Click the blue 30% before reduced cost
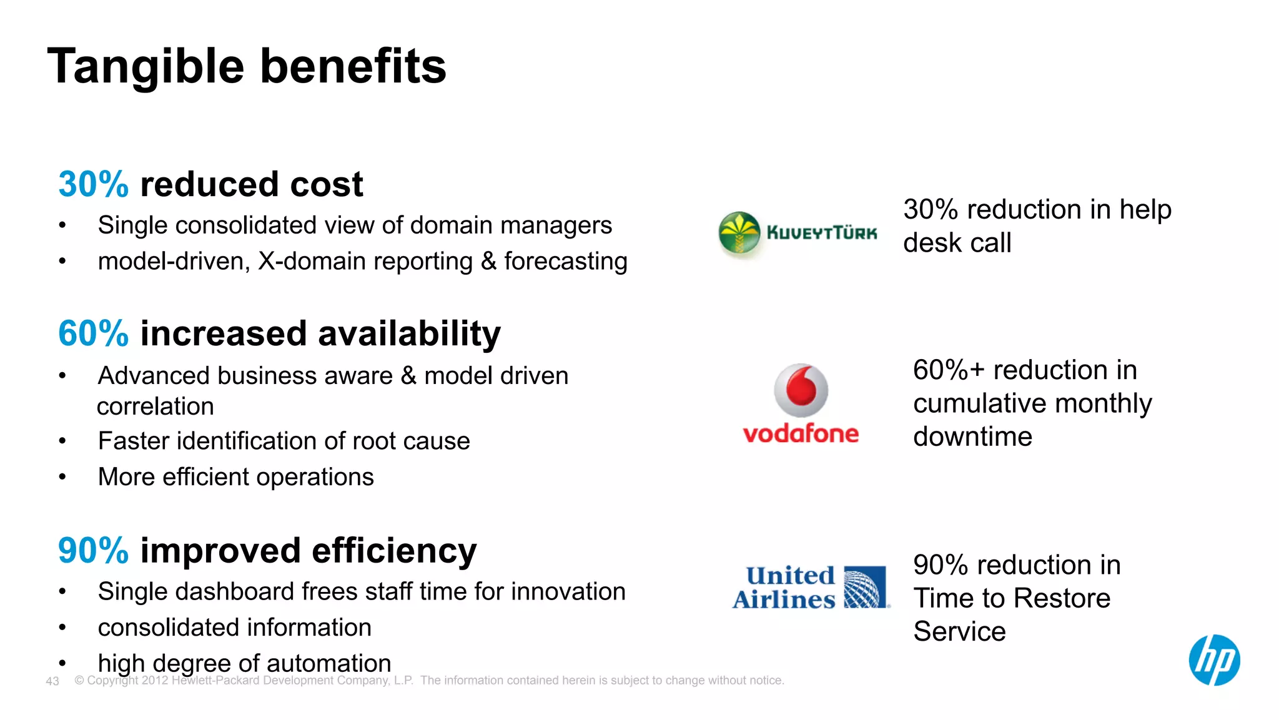click(93, 185)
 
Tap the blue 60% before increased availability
click(93, 333)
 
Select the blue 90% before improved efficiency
click(93, 551)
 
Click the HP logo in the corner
click(1213, 660)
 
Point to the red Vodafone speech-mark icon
click(801, 390)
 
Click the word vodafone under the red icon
click(801, 433)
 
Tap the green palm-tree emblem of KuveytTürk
click(739, 233)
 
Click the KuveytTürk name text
click(822, 233)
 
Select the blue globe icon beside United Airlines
click(865, 587)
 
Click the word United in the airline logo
click(790, 575)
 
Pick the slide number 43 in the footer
click(52, 681)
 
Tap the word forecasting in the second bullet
click(565, 262)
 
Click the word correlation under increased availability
click(156, 407)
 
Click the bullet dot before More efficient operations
click(62, 477)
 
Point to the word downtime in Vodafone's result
click(972, 436)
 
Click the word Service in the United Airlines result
click(959, 631)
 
